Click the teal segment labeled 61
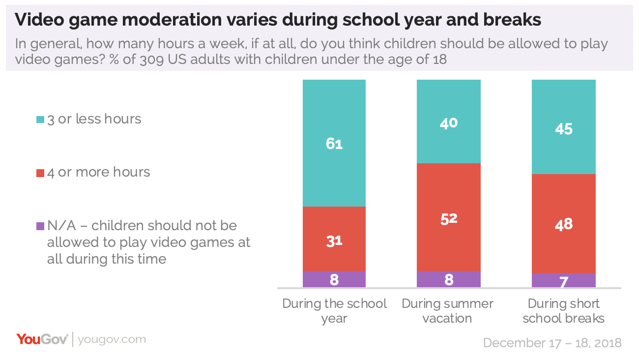tap(334, 143)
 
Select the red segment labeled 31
tap(334, 239)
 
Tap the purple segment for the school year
tap(334, 279)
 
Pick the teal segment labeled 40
tap(448, 121)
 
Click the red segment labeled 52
tap(448, 217)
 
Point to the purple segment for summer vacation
tap(448, 279)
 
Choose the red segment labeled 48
tap(563, 224)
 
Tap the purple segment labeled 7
tap(563, 280)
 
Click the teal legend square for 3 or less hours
tap(40, 120)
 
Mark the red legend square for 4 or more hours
tap(40, 173)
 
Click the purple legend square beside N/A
tap(40, 226)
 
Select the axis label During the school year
tap(334, 311)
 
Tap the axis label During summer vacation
tap(448, 311)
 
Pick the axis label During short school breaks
tap(563, 311)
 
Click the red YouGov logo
tap(42, 339)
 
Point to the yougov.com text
tap(112, 339)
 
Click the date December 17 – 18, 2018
tap(552, 342)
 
